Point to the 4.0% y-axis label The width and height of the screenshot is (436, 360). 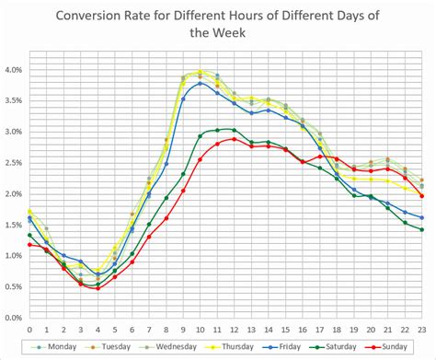click(14, 70)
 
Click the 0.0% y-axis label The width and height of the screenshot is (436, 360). click(14, 318)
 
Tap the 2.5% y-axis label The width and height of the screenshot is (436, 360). click(14, 163)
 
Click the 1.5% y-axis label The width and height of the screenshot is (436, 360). click(14, 225)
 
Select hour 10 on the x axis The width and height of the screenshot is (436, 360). click(200, 329)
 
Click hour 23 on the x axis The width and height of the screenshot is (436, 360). click(421, 329)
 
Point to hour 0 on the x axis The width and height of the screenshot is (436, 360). click(29, 329)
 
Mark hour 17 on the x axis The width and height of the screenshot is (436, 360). click(319, 329)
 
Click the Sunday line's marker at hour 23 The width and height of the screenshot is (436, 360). click(421, 196)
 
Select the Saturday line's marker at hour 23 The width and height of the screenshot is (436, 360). click(421, 229)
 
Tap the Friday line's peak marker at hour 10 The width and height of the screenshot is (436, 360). click(200, 83)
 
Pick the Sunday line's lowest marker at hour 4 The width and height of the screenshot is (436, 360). click(98, 288)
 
